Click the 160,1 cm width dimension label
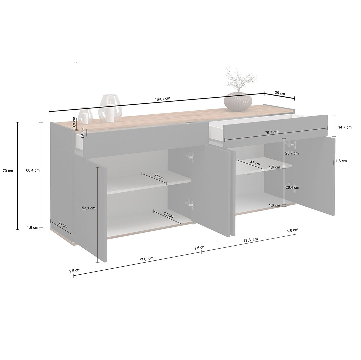coord(163,99)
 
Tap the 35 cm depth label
coord(280,93)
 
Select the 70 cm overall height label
coord(8,171)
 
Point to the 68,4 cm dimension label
coord(33,171)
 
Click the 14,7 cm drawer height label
coord(345,127)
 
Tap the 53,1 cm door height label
coord(89,208)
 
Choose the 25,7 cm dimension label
coord(292,153)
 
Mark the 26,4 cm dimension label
coord(292,188)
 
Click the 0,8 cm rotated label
coord(74,122)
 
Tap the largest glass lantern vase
coord(110,108)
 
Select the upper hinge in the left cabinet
coord(190,156)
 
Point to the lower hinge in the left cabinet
coord(190,204)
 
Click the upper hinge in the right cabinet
coord(290,144)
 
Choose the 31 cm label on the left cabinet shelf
coord(159,177)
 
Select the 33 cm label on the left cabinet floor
coord(168,215)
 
